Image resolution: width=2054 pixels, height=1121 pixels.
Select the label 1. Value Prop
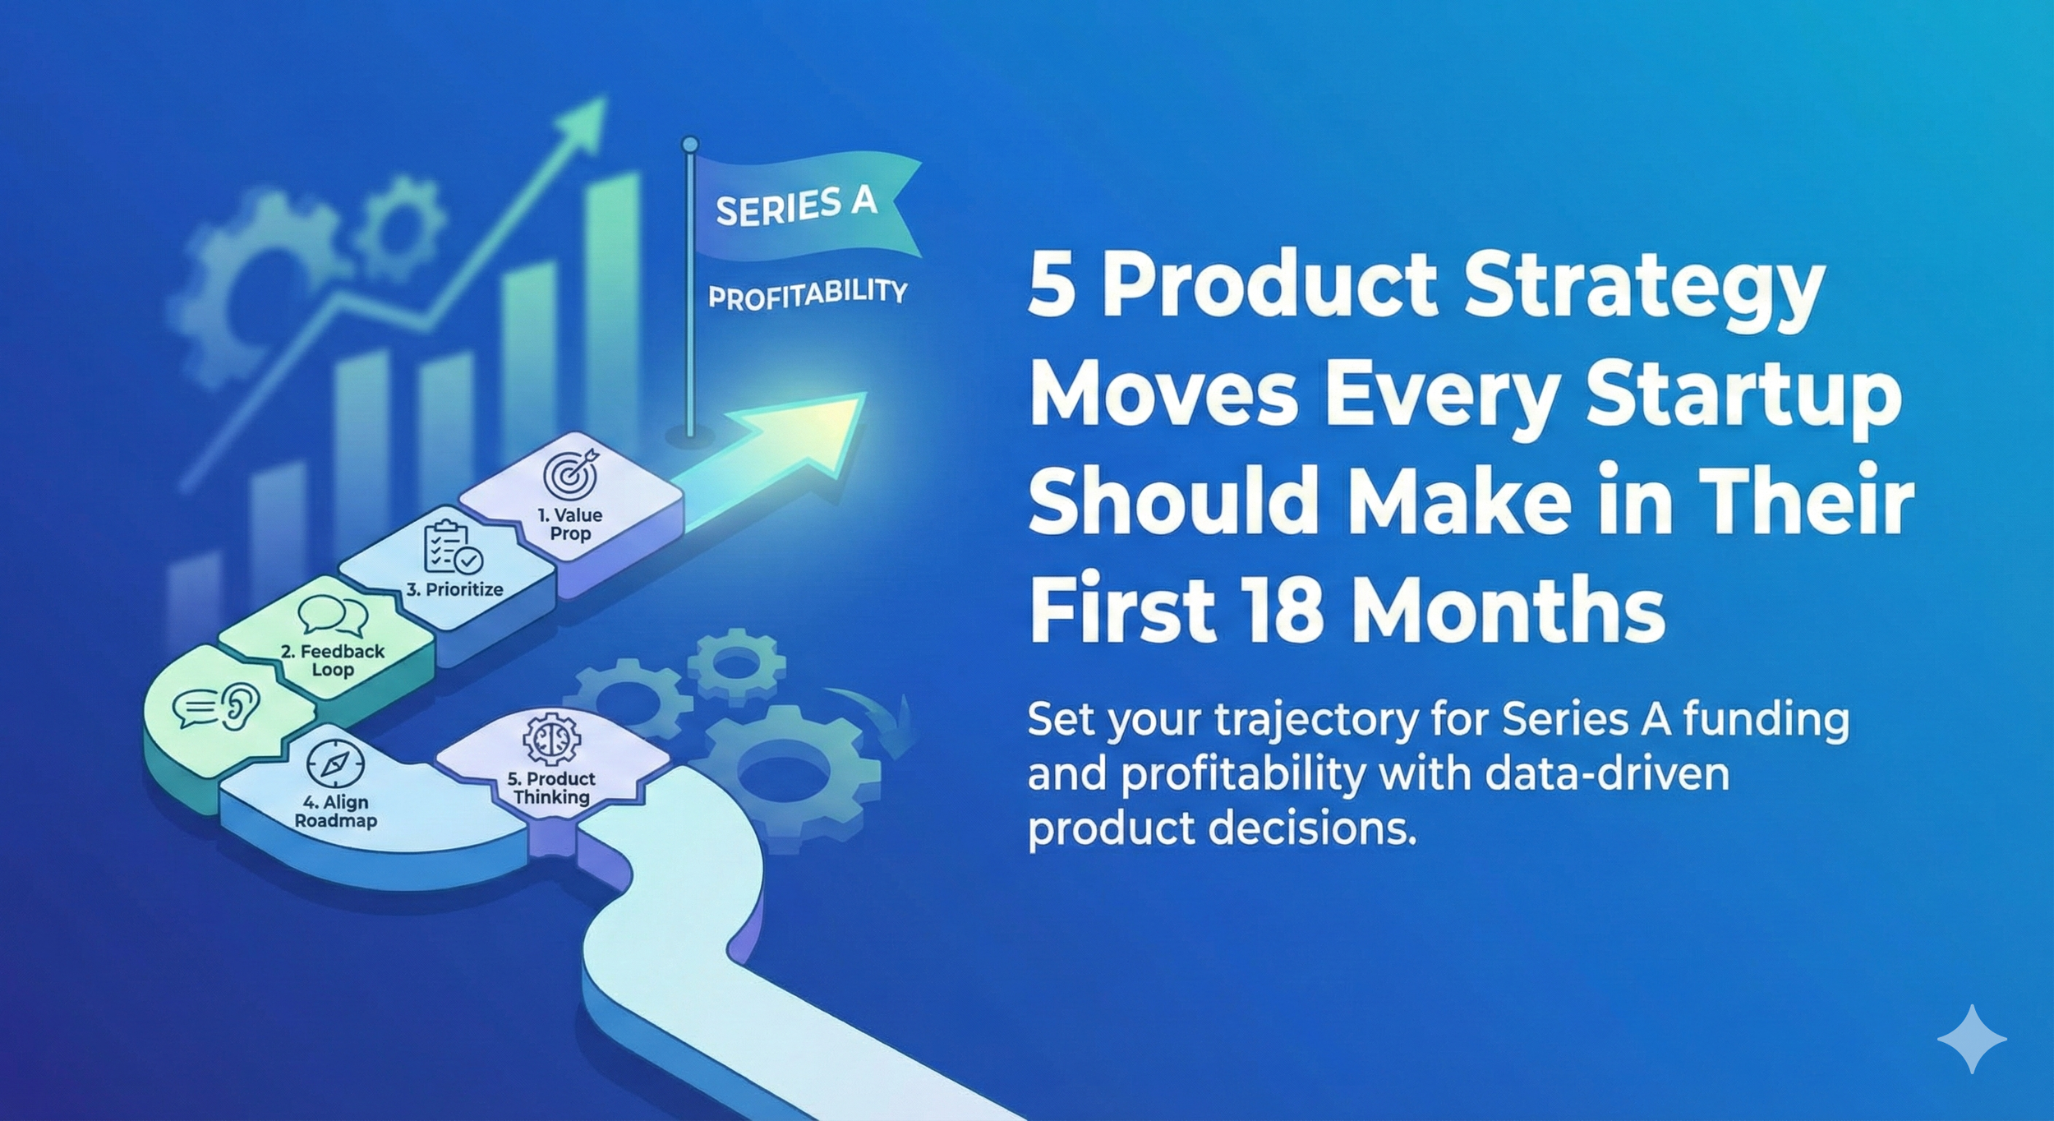[x=570, y=524]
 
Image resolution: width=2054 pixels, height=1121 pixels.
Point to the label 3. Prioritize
[x=454, y=589]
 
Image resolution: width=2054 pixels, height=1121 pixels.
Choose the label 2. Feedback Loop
[x=333, y=660]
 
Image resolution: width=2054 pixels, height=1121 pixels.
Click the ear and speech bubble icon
[x=217, y=708]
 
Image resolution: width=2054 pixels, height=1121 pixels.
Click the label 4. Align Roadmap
[x=335, y=811]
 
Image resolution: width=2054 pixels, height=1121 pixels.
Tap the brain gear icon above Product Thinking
[x=552, y=737]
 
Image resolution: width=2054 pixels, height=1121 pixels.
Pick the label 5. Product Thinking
[x=551, y=787]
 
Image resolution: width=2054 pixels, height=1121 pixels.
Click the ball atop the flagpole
[x=690, y=145]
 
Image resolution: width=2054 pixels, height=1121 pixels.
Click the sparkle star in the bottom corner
[x=1971, y=1039]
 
